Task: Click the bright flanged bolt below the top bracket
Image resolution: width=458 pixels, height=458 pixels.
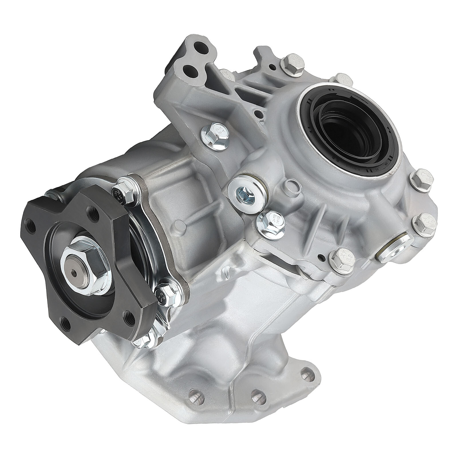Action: pos(216,136)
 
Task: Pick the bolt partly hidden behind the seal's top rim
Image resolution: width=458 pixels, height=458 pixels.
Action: pos(340,79)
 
